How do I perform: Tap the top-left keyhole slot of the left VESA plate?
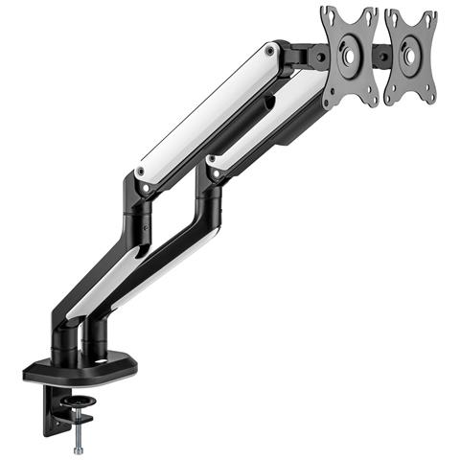(329, 15)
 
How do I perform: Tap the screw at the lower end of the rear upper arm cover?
(142, 172)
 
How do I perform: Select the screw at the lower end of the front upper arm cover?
(213, 173)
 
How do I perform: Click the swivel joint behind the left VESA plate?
(309, 57)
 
